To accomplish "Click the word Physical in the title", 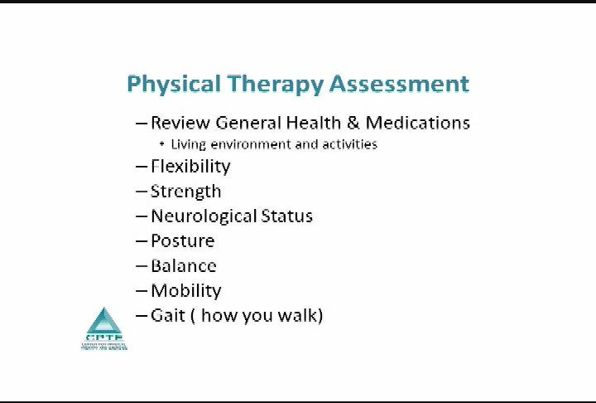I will point(174,84).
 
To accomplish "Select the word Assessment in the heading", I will point(399,84).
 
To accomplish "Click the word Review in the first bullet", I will point(180,123).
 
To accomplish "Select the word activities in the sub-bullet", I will point(348,144).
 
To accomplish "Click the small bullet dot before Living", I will point(162,144).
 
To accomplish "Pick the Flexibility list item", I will point(190,166).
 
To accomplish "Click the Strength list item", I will point(185,192).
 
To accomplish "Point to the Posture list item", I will point(182,241).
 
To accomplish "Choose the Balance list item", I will point(183,266).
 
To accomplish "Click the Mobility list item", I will point(185,291).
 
